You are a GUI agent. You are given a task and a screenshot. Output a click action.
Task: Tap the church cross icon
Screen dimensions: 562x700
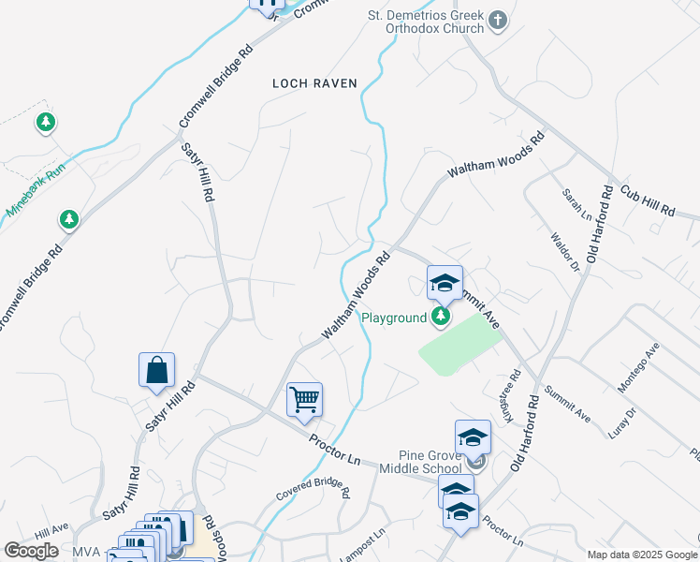point(498,19)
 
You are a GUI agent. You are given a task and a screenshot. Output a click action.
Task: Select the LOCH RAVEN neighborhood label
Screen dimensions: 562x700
point(314,83)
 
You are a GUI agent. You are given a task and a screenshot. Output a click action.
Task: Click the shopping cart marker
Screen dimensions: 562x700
point(305,400)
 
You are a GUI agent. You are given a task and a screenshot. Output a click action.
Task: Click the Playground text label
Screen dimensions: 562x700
point(395,318)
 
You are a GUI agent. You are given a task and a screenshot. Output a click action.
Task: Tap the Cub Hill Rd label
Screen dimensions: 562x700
point(646,198)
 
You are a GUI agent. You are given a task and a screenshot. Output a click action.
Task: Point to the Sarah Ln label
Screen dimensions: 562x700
point(572,205)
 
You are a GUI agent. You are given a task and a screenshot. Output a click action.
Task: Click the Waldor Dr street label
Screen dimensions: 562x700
point(566,252)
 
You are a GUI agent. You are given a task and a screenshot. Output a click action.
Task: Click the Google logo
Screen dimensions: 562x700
point(31,551)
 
